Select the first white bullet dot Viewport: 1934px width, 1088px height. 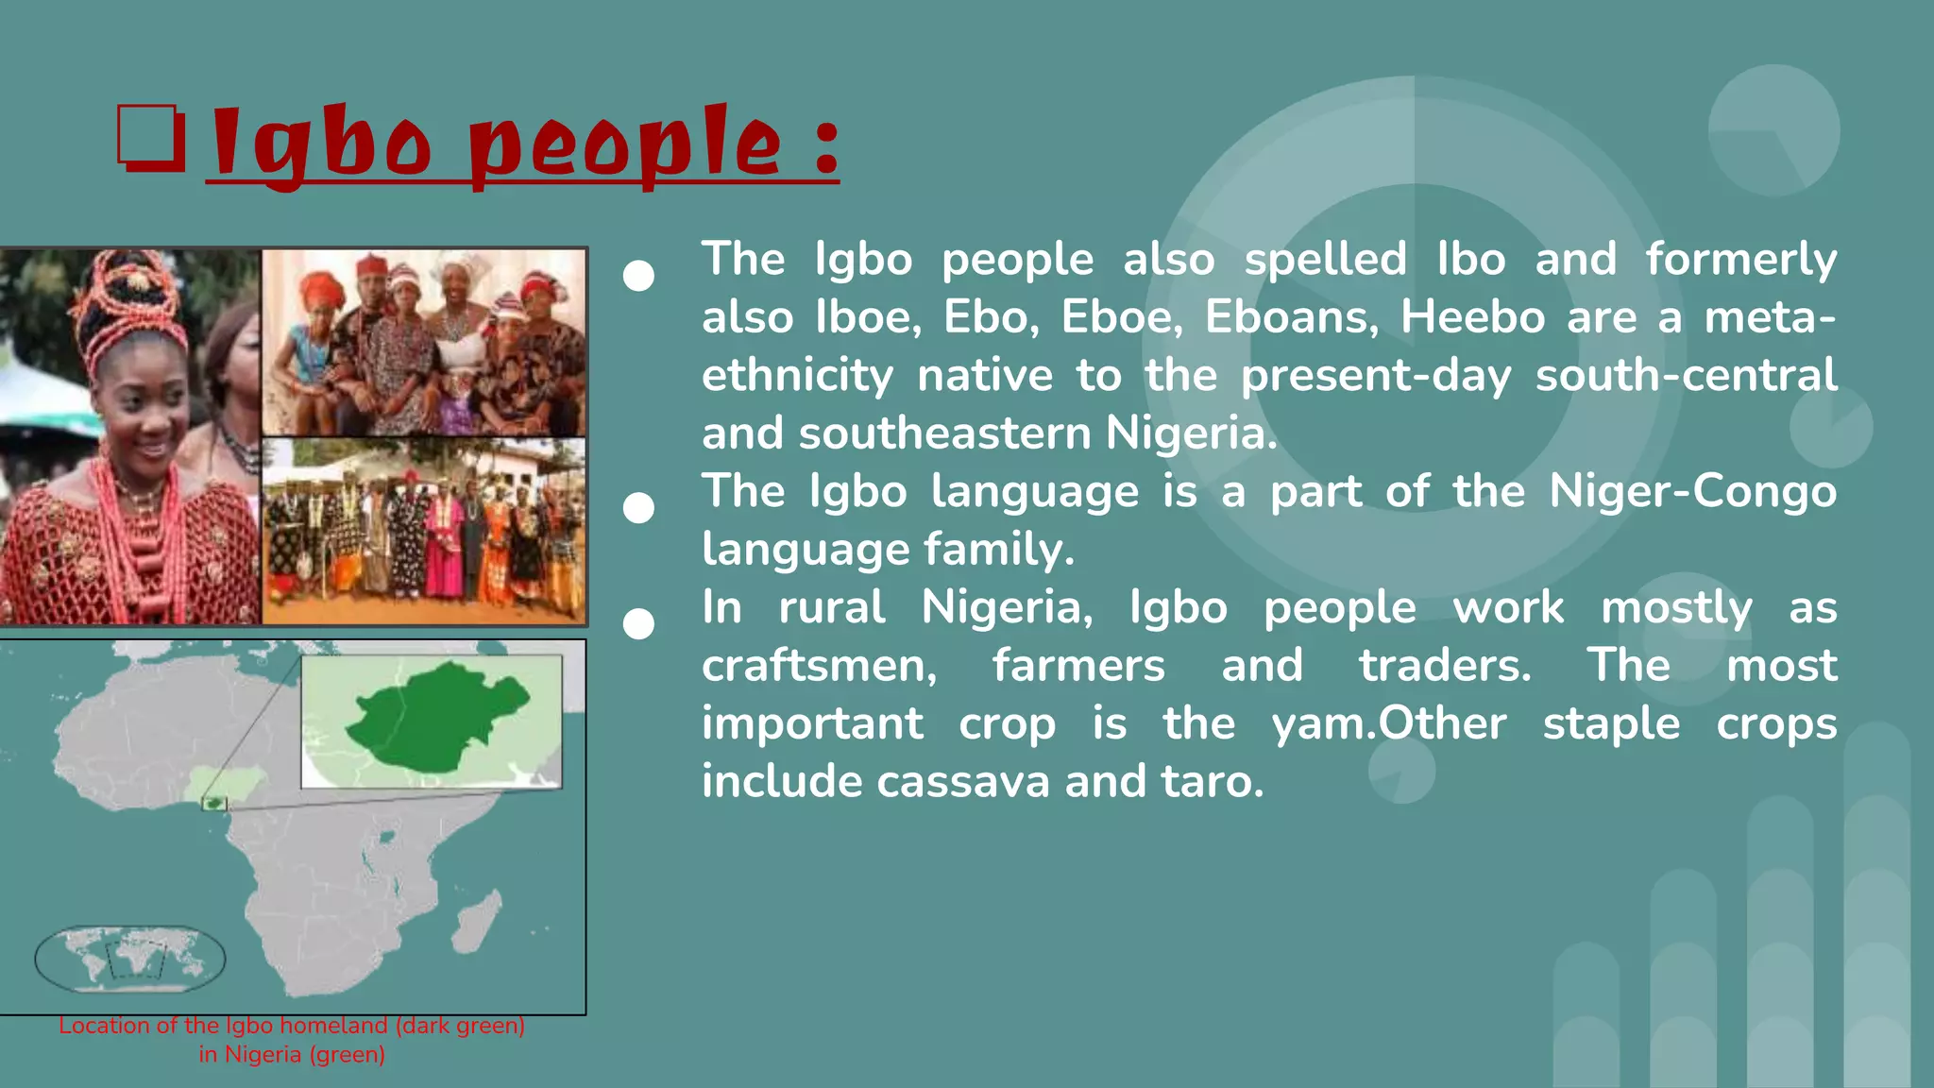click(639, 276)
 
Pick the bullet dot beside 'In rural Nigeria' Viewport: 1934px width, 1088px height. click(639, 624)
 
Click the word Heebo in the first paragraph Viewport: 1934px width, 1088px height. click(1472, 317)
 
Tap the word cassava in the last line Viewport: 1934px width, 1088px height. click(962, 782)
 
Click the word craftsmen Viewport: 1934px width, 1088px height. click(819, 666)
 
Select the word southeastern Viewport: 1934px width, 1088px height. click(944, 433)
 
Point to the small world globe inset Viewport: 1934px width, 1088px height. click(130, 958)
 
